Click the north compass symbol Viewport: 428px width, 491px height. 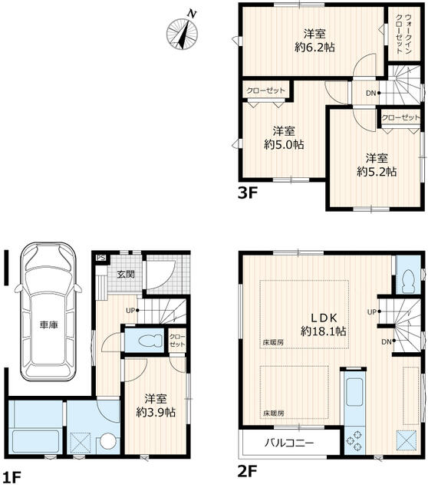click(x=183, y=32)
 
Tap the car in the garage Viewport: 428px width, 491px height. click(x=48, y=311)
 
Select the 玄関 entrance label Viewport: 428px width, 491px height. click(x=126, y=275)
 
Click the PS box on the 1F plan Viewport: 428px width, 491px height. click(x=100, y=258)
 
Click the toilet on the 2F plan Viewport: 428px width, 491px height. click(x=408, y=281)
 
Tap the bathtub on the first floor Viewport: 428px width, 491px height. click(x=35, y=441)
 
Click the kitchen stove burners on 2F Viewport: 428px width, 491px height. click(x=354, y=440)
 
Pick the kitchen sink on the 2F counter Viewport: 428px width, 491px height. click(x=354, y=392)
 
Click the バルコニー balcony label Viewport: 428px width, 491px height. click(x=288, y=443)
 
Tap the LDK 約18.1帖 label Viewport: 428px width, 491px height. click(x=324, y=325)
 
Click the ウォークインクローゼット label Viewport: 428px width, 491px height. click(x=403, y=34)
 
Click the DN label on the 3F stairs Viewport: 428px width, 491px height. click(x=371, y=93)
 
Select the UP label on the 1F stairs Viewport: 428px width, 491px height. click(x=130, y=311)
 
